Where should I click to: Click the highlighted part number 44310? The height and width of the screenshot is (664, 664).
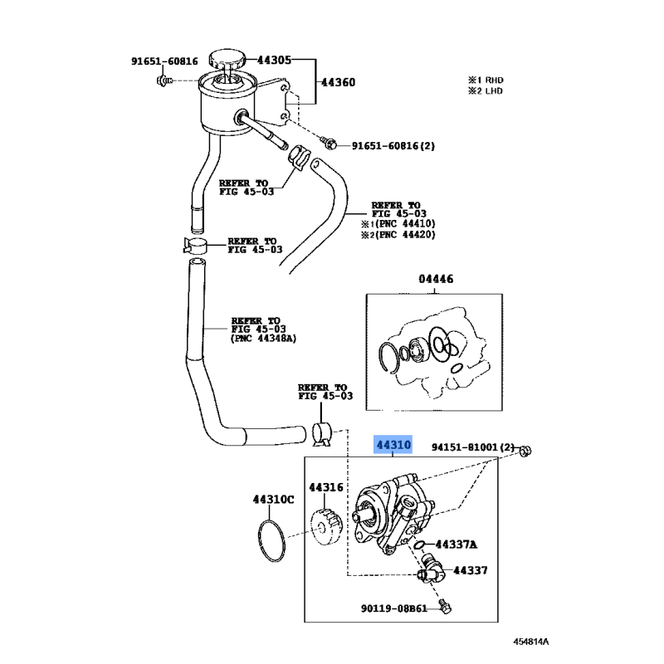(x=393, y=446)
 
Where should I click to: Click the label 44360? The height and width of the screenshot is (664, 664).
(x=339, y=82)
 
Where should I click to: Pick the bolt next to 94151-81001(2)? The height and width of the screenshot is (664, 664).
(x=525, y=451)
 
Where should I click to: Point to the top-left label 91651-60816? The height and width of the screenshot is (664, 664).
(x=164, y=61)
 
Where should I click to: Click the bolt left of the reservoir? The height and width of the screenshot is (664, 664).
(x=164, y=81)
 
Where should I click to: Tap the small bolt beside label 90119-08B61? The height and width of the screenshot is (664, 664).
(x=447, y=609)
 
